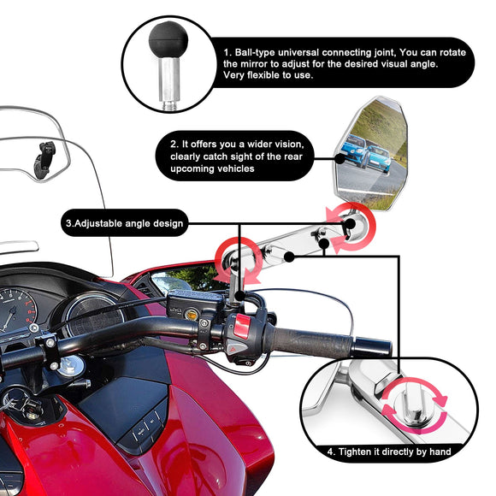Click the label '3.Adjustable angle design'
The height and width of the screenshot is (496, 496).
coord(123,223)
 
